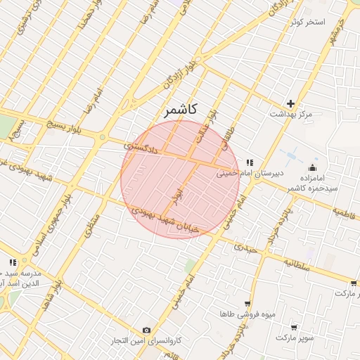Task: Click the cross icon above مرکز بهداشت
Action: (290, 103)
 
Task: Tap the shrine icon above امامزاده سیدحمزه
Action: (312, 167)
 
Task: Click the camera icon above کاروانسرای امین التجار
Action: (147, 330)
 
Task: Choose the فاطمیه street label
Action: (347, 212)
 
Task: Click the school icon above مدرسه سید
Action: (13, 262)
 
